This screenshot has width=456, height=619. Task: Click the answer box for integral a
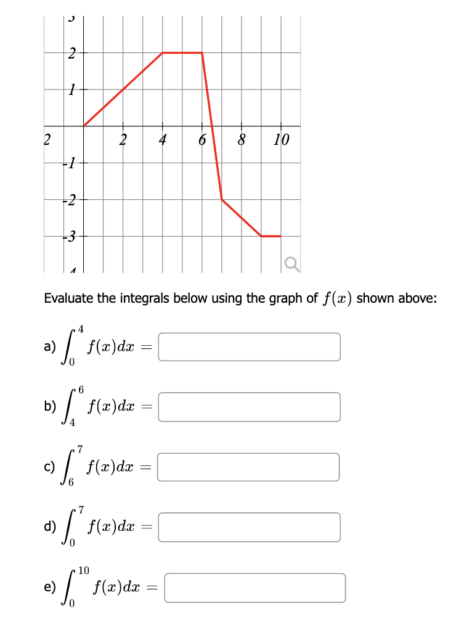tap(250, 346)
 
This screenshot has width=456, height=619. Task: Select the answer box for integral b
tap(250, 407)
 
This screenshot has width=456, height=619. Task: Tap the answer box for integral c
tap(250, 467)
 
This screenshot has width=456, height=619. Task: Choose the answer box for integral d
tap(250, 527)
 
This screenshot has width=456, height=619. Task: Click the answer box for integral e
tap(254, 588)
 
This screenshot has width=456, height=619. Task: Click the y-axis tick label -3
tap(71, 236)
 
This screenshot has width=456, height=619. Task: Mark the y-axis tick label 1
tap(72, 89)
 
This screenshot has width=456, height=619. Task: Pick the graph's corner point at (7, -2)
tap(222, 199)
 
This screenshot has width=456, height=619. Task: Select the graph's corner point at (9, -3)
tap(261, 236)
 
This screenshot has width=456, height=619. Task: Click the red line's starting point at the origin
tap(84, 126)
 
